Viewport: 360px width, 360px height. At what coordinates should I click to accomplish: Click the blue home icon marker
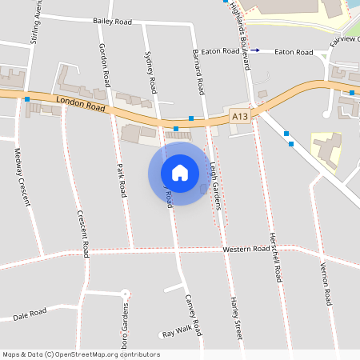point(180,172)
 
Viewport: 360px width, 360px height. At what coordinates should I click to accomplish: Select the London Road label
point(81,104)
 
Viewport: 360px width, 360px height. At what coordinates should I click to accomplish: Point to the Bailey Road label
point(112,22)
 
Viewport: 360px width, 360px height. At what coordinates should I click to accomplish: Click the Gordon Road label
point(103,65)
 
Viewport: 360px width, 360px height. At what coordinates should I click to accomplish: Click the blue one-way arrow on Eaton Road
point(255,50)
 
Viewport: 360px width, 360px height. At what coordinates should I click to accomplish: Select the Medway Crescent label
point(22,176)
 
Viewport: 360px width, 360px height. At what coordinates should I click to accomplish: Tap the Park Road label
point(122,180)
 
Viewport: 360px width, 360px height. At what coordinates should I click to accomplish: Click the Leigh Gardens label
point(214,180)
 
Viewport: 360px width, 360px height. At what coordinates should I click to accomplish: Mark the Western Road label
point(250,249)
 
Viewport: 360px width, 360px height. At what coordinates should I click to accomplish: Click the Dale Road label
point(30,316)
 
